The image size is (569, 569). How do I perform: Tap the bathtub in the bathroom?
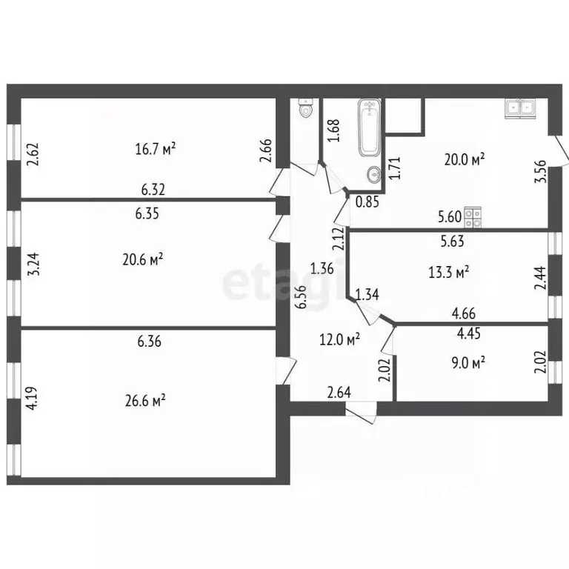click(370, 127)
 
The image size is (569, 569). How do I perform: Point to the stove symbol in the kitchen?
click(473, 217)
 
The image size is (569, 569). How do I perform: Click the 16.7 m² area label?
click(155, 149)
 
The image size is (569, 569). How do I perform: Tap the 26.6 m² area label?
click(144, 399)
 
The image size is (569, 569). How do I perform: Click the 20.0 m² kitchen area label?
click(464, 159)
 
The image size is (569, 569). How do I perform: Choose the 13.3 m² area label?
click(449, 273)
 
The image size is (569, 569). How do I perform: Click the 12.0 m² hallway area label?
click(340, 339)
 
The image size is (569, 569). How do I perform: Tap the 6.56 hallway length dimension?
click(300, 296)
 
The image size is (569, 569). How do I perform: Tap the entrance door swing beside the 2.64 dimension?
click(361, 413)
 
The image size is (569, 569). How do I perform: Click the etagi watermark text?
click(267, 284)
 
